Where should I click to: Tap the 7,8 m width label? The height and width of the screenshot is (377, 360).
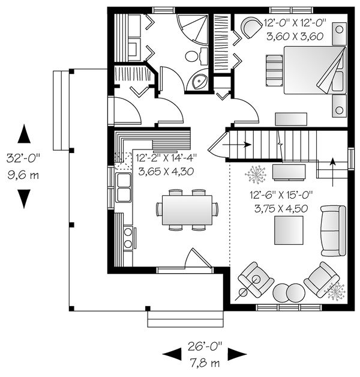point(204,364)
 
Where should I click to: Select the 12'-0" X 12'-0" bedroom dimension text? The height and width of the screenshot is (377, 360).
point(294,23)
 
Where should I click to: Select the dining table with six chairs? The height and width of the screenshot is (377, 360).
point(187,209)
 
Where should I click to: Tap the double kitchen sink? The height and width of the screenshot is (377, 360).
point(124,187)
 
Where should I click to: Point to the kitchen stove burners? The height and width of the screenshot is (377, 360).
point(127,237)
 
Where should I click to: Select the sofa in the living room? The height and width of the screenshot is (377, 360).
point(333,230)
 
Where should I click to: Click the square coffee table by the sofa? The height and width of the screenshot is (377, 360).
point(288,228)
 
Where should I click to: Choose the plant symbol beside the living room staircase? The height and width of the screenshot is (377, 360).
point(256,175)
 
